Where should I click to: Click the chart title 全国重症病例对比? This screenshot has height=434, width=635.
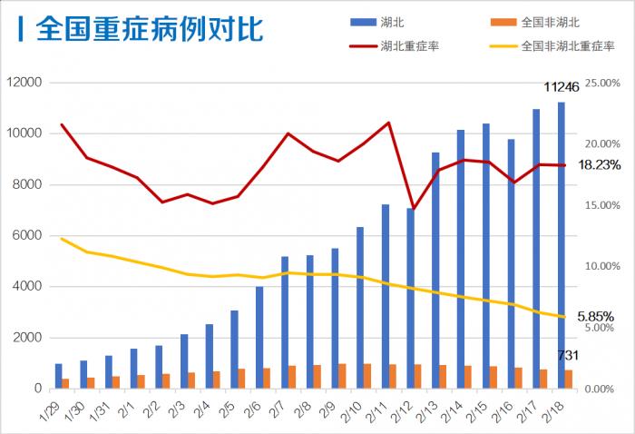[x=150, y=28]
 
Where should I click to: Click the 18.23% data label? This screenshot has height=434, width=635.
[x=599, y=165]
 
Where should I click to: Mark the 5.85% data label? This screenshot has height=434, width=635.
[x=595, y=317]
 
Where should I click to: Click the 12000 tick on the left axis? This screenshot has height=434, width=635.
[x=24, y=83]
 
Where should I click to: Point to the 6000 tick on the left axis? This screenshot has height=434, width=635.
[x=28, y=236]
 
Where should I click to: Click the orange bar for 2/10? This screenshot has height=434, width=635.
[x=367, y=377]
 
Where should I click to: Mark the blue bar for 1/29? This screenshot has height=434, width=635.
[x=59, y=376]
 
